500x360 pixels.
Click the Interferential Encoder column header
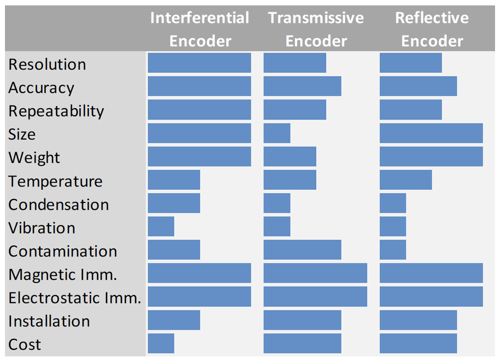point(199,29)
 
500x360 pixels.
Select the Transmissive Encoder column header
point(316,29)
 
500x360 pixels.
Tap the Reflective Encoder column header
point(432,29)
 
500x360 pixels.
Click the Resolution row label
point(47,64)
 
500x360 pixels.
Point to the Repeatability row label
point(56,111)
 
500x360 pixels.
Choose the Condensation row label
point(58,204)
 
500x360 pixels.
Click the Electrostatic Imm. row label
point(74,298)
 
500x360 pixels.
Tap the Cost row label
point(25,344)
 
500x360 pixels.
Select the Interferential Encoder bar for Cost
point(161,343)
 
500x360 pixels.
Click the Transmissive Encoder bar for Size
point(277,133)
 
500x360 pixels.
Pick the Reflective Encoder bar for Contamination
point(393,249)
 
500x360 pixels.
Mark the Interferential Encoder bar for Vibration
point(161,226)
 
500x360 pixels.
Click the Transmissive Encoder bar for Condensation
point(277,203)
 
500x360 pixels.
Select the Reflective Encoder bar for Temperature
point(406,180)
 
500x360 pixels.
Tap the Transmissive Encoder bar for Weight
point(290,156)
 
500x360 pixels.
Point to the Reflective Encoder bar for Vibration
point(393,226)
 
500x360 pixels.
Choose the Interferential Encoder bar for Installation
point(174,320)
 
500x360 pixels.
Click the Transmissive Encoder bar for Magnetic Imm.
point(315,273)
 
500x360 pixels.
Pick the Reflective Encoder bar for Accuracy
point(418,86)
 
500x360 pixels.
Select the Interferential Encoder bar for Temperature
point(174,180)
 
